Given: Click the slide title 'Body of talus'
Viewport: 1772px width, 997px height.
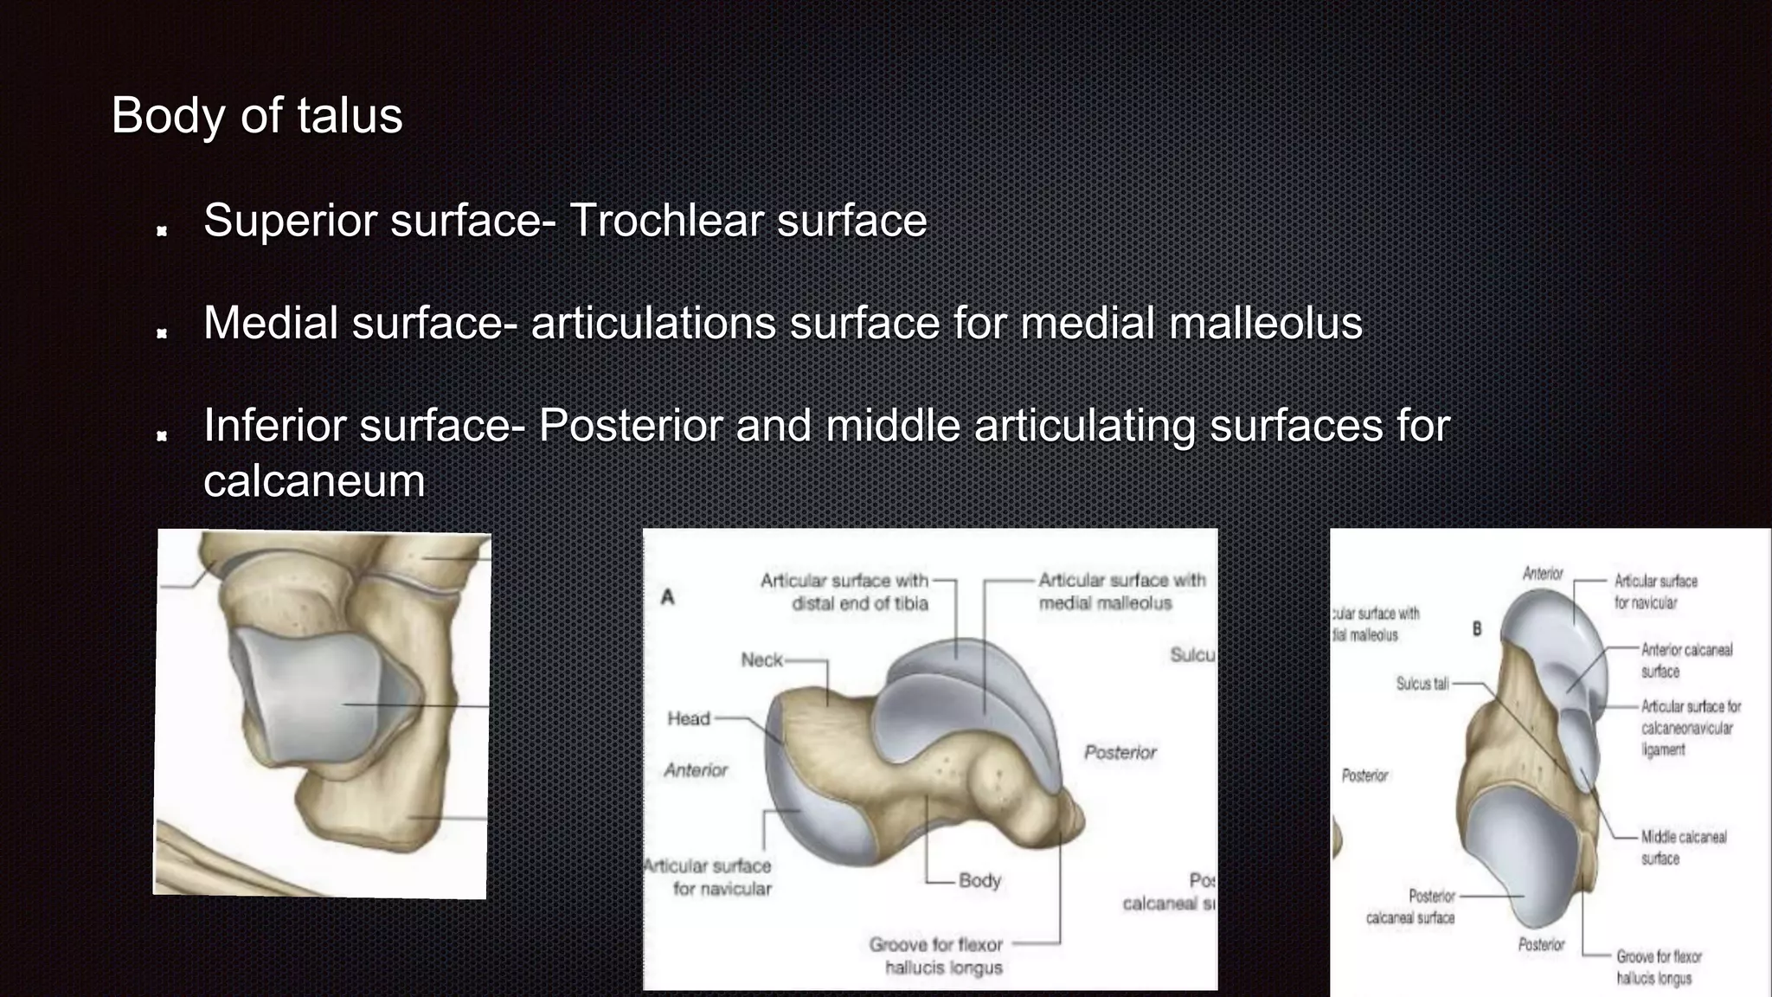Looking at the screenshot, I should pyautogui.click(x=257, y=115).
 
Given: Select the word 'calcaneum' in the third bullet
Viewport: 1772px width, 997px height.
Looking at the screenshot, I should pyautogui.click(x=314, y=481).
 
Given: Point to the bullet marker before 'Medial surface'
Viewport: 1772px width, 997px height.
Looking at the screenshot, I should pyautogui.click(x=162, y=333).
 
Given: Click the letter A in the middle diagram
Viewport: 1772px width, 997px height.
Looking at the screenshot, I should pyautogui.click(x=667, y=596).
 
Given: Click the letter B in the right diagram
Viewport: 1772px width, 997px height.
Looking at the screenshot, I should pyautogui.click(x=1477, y=629).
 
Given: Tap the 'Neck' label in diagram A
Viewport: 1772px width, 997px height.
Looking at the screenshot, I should pyautogui.click(x=761, y=660).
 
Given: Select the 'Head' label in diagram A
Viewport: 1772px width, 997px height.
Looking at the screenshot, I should pyautogui.click(x=688, y=718).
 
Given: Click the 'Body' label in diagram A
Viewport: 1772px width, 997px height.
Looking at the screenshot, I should pyautogui.click(x=979, y=880).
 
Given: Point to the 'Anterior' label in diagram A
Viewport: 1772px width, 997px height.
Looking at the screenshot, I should pyautogui.click(x=696, y=770).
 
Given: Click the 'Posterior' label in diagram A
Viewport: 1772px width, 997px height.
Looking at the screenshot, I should pyautogui.click(x=1120, y=752).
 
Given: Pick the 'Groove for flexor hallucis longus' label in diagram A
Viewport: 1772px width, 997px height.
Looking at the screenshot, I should pyautogui.click(x=937, y=956).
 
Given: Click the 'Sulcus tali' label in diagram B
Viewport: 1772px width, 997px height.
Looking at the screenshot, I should pyautogui.click(x=1422, y=684).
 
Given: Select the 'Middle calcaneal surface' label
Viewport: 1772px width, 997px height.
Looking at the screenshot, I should pyautogui.click(x=1683, y=847).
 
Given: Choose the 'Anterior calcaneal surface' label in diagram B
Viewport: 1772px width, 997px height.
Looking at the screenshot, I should pyautogui.click(x=1686, y=660).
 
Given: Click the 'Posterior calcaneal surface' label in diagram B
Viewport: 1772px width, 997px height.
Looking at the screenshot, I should pyautogui.click(x=1411, y=906).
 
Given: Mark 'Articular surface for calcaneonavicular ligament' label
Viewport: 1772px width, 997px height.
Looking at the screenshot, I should pyautogui.click(x=1690, y=728).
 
